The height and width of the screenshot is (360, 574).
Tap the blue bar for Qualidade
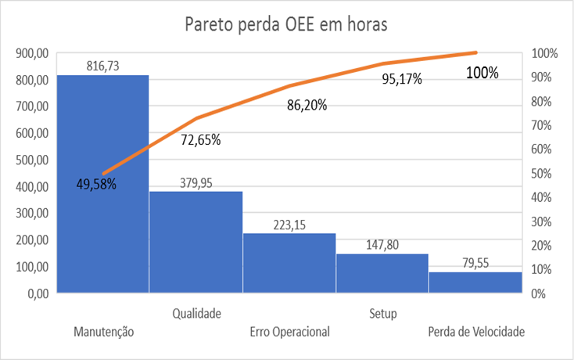(x=196, y=243)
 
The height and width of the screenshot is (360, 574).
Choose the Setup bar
(x=382, y=274)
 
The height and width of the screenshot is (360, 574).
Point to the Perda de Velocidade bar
(x=475, y=283)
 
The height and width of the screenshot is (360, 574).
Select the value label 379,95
(x=196, y=183)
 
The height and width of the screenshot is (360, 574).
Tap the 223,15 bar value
(x=289, y=225)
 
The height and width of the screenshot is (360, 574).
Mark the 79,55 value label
(x=475, y=264)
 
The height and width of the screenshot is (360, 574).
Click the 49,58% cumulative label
(x=96, y=185)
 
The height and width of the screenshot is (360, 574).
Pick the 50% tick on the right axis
(x=544, y=174)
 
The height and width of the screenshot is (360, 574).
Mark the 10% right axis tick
(x=544, y=270)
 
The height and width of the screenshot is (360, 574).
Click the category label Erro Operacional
(x=290, y=332)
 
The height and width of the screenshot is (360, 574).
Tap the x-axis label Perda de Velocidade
(x=476, y=332)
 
